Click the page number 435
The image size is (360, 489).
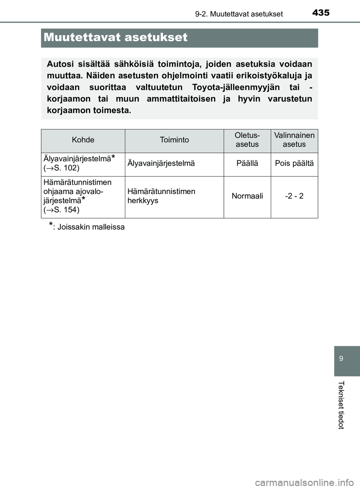point(321,13)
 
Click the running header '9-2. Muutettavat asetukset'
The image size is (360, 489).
point(239,14)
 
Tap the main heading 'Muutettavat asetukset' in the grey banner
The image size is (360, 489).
point(115,37)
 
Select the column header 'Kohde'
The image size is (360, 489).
point(83,140)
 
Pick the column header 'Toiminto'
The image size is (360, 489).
point(174,140)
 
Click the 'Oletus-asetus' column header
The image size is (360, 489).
point(247,140)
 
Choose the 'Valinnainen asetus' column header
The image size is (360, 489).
point(294,140)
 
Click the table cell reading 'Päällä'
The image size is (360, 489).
point(247,163)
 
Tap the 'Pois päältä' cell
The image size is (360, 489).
point(294,163)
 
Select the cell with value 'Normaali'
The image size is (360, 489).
point(247,196)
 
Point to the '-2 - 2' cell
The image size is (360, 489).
point(294,196)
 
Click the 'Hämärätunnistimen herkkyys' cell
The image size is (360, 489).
point(161,196)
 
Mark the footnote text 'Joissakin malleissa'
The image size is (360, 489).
point(91,227)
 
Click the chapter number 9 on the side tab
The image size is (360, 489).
point(341,359)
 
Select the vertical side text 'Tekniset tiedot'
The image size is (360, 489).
point(341,405)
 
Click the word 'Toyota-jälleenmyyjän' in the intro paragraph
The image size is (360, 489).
point(235,87)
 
